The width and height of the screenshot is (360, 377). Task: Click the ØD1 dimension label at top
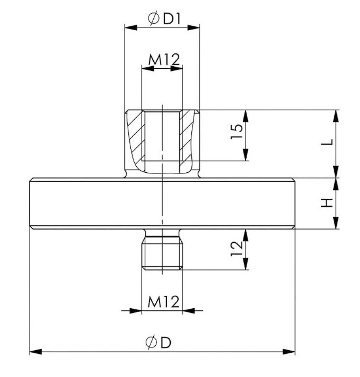click(x=164, y=19)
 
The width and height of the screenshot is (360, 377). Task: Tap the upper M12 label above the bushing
click(x=164, y=60)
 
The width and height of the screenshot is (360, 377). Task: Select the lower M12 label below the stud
click(x=163, y=302)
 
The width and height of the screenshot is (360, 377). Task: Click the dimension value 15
click(x=236, y=131)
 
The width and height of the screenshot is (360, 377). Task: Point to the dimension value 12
click(x=236, y=248)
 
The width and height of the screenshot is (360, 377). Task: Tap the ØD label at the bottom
click(x=158, y=342)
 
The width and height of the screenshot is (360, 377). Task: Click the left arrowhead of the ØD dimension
click(x=36, y=352)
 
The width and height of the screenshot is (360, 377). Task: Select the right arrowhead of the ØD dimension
click(x=289, y=352)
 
